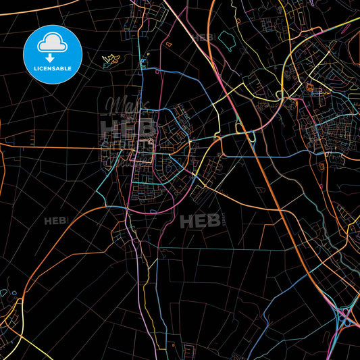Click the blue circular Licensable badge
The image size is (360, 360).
coord(52,54)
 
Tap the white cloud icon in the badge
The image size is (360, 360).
coord(52,42)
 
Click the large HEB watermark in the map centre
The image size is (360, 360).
coord(201,221)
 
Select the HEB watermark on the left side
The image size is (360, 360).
coord(56,221)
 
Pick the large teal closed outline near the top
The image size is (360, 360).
coord(227,42)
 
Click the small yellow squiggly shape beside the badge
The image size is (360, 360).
coord(110,60)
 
